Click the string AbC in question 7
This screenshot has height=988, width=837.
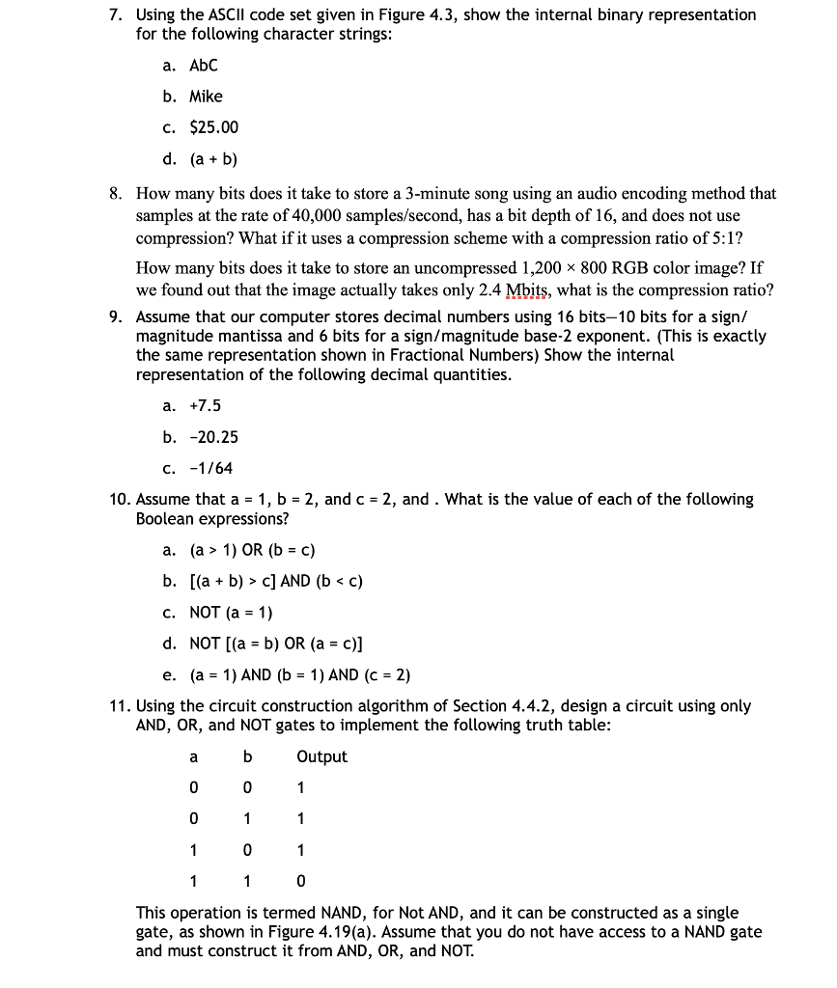point(204,66)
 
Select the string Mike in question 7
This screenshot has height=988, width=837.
point(206,96)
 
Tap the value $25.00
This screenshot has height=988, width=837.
point(213,127)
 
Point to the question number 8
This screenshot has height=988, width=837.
point(115,194)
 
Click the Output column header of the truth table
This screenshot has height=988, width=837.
point(321,757)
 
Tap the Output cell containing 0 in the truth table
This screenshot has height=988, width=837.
point(301,881)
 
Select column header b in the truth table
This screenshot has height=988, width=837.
point(248,757)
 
